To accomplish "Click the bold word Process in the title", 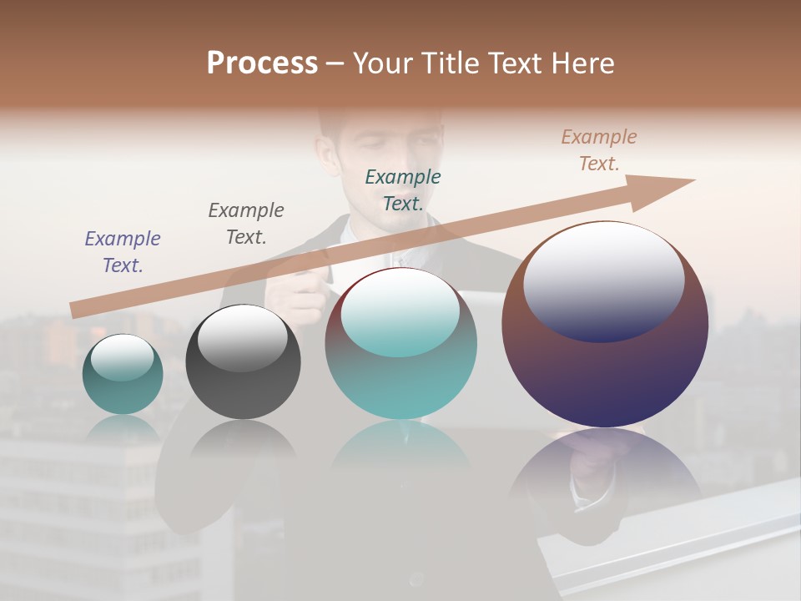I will coord(262,63).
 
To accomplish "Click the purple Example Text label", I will coord(123,251).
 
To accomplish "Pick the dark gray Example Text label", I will coord(246,223).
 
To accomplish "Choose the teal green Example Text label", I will coord(403,189).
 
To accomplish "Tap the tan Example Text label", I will coord(599,150).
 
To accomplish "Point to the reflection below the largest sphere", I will coord(605,467).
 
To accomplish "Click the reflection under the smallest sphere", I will coord(123,429).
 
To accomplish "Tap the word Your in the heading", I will coord(385,63).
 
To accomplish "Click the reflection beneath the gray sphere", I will coord(243,439).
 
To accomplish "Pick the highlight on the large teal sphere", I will coord(400,313).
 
